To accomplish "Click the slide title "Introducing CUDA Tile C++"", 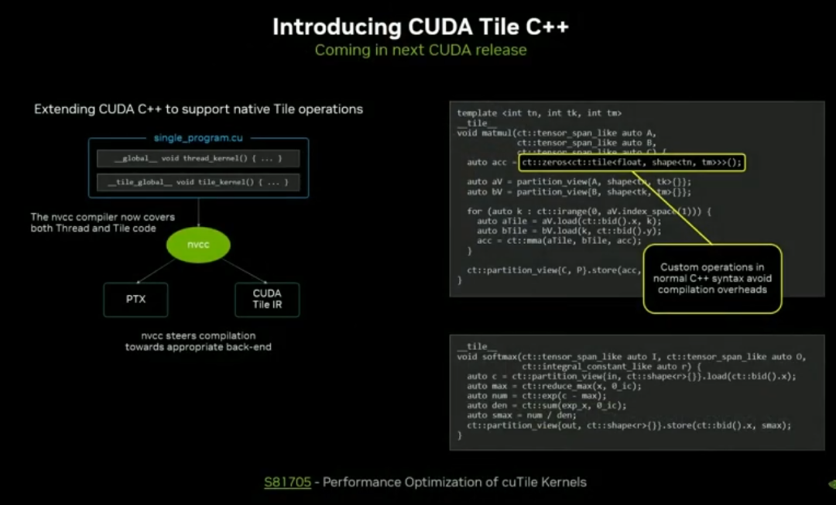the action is click(x=420, y=27).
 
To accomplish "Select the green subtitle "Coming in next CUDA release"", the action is click(x=420, y=50).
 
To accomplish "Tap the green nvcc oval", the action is click(x=199, y=245).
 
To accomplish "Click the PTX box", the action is click(x=135, y=299).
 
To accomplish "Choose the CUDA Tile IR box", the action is click(x=267, y=299).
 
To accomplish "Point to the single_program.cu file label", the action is click(x=198, y=138).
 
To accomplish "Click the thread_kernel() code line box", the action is click(x=197, y=159).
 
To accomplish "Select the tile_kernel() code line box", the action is click(x=197, y=182).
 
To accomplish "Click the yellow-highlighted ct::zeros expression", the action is click(x=631, y=163).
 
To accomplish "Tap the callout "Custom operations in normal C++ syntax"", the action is click(x=712, y=278).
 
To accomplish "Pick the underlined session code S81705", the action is click(x=287, y=483).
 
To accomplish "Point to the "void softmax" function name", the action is click(x=489, y=357).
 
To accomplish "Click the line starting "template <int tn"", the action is click(x=539, y=113).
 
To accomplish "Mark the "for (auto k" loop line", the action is click(x=588, y=211).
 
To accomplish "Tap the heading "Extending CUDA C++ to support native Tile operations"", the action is click(x=198, y=109).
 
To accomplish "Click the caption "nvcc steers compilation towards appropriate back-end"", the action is click(x=198, y=342).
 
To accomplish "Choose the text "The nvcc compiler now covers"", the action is click(x=103, y=217).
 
